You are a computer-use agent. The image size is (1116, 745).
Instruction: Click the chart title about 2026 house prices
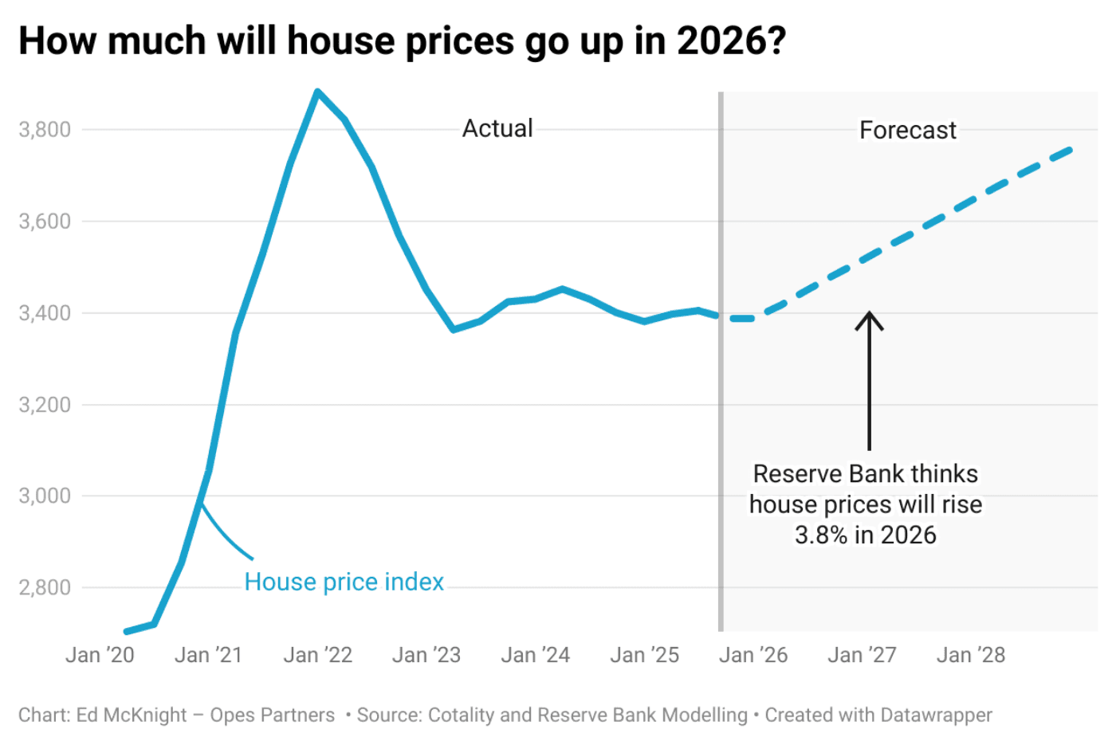click(x=402, y=41)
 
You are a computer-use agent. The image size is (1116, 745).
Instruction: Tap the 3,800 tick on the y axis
click(x=45, y=129)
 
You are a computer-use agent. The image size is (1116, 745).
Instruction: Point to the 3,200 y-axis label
click(x=45, y=405)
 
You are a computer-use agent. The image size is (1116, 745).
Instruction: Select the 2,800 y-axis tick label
click(x=45, y=588)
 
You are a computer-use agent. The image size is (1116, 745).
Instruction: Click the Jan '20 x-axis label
click(x=100, y=655)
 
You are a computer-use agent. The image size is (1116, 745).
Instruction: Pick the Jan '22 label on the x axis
click(x=317, y=655)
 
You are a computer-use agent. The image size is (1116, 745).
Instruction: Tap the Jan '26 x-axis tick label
click(x=753, y=655)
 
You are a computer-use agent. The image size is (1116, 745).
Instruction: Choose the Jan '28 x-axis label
click(x=970, y=655)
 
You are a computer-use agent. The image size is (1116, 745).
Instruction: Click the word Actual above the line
click(x=497, y=128)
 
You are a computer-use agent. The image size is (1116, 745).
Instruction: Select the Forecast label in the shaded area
click(x=907, y=130)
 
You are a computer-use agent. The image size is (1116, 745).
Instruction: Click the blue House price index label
click(x=344, y=582)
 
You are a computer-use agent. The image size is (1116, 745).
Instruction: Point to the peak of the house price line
click(x=317, y=92)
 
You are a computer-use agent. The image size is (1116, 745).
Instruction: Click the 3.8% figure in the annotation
click(x=820, y=535)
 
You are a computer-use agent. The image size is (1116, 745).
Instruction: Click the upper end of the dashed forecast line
click(x=1071, y=150)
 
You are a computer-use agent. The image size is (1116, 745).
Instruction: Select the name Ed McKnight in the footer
click(x=132, y=715)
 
